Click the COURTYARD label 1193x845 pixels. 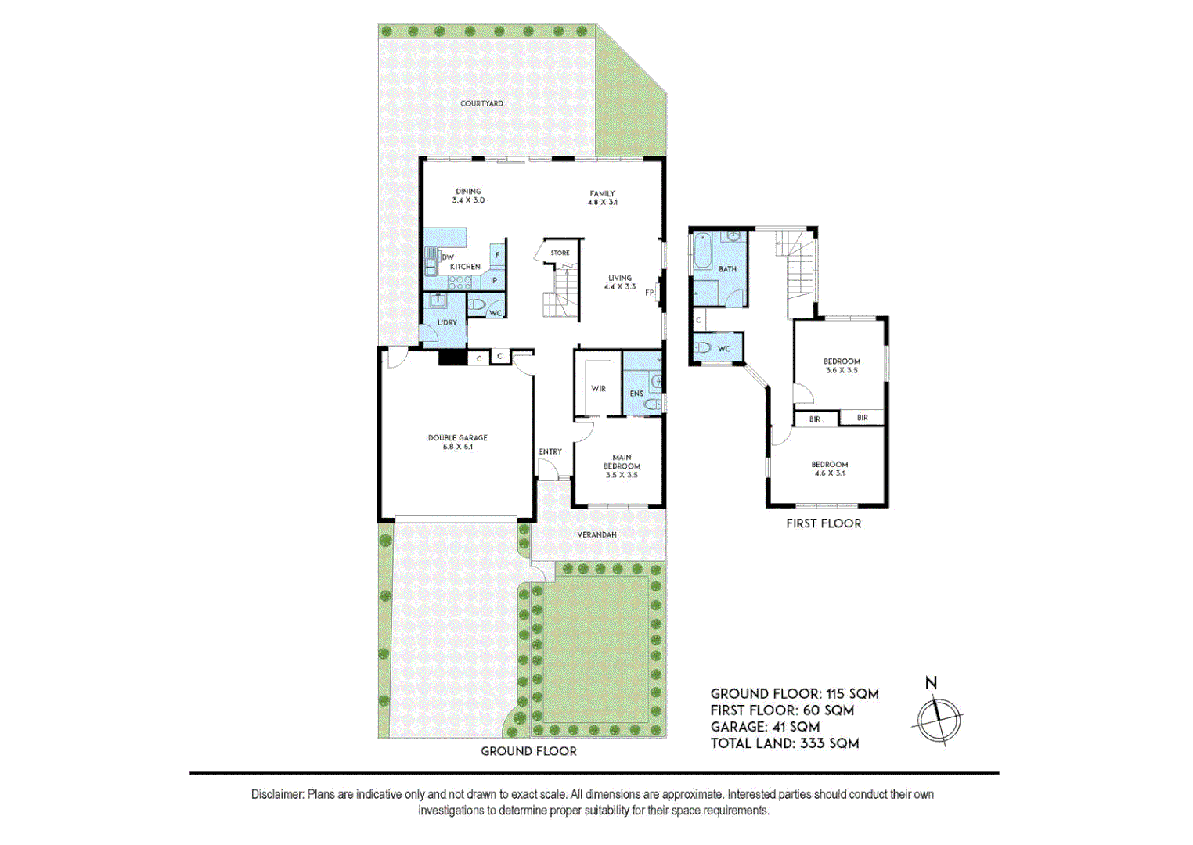click(x=481, y=103)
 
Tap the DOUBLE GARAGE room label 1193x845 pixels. click(x=457, y=442)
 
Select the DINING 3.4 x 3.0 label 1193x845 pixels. click(x=468, y=196)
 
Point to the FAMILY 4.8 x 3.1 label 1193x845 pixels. click(x=602, y=197)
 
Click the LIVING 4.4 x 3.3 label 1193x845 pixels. click(x=619, y=282)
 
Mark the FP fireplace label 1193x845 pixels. click(x=649, y=293)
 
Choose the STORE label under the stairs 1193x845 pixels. click(x=560, y=253)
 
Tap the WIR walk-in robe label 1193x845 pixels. click(x=598, y=388)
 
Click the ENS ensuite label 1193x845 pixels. click(x=636, y=394)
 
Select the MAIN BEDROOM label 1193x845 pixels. click(x=622, y=466)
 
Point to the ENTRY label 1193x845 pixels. click(x=550, y=451)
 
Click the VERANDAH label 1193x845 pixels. click(x=596, y=534)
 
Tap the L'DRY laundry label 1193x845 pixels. click(x=447, y=322)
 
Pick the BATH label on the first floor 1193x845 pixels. click(x=727, y=269)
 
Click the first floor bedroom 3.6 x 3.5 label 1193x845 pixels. click(x=842, y=365)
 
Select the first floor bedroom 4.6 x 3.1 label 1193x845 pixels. click(x=829, y=469)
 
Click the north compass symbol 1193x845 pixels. click(x=937, y=716)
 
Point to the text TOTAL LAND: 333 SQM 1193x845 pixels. click(x=784, y=743)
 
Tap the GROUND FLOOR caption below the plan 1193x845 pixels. click(x=528, y=751)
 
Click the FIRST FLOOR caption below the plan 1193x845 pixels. click(x=824, y=523)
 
